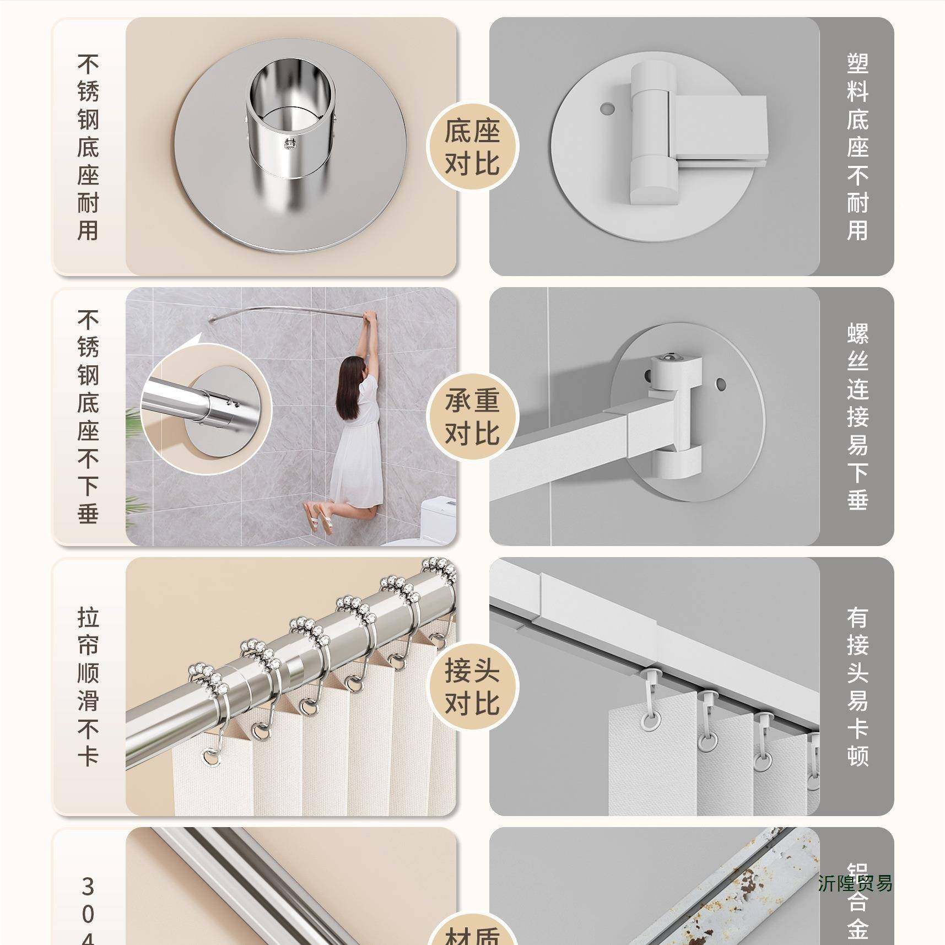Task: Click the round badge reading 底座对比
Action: pos(472,147)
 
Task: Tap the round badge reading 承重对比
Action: pos(472,417)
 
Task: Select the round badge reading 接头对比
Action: pos(472,687)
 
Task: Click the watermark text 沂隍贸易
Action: pos(855,883)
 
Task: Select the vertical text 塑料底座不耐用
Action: pos(857,147)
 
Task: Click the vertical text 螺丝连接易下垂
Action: pos(857,417)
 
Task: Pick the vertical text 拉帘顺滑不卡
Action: pos(88,687)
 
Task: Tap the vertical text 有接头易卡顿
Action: pos(857,687)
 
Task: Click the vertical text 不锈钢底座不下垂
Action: pos(88,417)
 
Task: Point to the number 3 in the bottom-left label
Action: pos(88,887)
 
